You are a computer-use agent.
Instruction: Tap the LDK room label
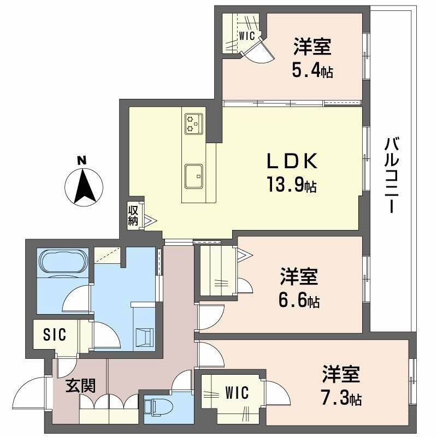tap(291, 162)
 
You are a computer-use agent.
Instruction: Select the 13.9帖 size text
tap(291, 186)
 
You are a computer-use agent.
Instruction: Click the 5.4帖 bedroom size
tap(313, 70)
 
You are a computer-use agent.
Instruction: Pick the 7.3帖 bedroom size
tap(341, 397)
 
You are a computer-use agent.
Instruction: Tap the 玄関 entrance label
tap(81, 386)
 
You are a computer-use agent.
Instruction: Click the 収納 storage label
tap(133, 215)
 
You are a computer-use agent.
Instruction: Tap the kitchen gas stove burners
tap(193, 123)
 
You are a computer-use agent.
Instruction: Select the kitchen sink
tap(193, 176)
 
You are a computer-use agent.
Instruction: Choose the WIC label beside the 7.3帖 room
tap(237, 393)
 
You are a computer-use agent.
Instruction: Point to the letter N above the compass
tap(82, 161)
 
